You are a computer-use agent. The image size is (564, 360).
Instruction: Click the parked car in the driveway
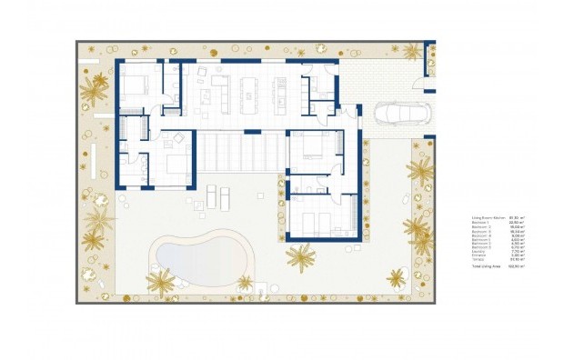(394, 114)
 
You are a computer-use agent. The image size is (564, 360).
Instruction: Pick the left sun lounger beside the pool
(211, 197)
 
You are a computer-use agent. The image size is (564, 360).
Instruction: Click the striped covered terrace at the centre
(240, 149)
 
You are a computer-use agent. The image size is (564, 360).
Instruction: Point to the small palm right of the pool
(245, 283)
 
